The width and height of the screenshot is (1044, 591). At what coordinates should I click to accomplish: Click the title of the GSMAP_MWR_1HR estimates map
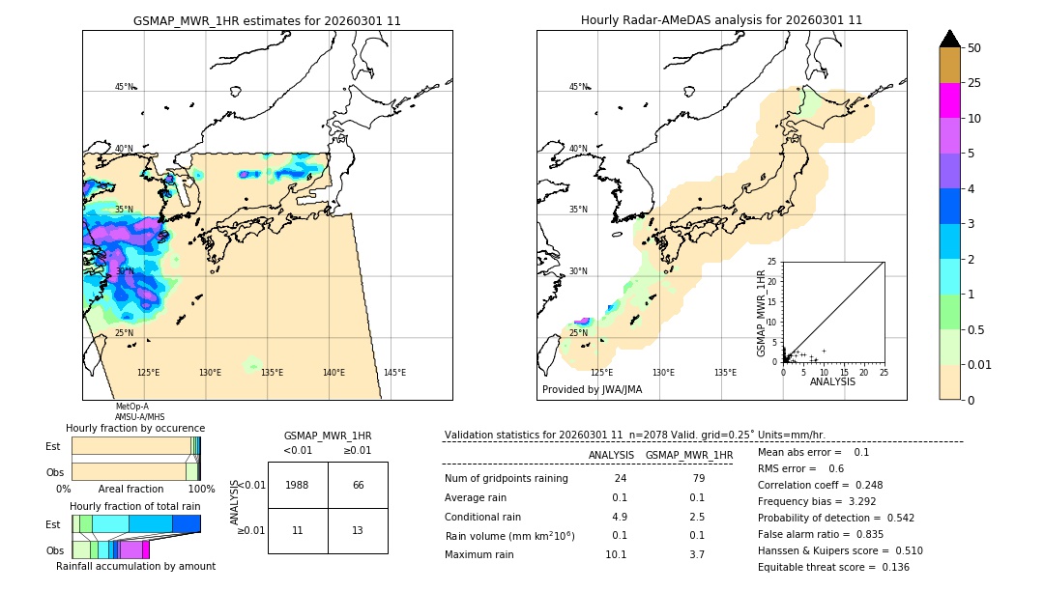click(x=267, y=20)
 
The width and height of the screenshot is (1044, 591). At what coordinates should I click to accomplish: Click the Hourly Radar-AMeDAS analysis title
click(x=721, y=20)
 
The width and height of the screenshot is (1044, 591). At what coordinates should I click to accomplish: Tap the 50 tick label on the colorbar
click(x=974, y=48)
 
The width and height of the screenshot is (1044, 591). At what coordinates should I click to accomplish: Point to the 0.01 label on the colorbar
click(x=980, y=364)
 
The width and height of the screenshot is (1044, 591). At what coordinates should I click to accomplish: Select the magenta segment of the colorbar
click(x=949, y=100)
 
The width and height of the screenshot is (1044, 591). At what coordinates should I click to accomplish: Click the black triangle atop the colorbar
click(x=949, y=39)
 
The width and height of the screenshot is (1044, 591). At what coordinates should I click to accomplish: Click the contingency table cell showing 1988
click(x=298, y=485)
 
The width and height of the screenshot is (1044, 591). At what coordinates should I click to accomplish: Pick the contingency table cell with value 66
click(x=358, y=485)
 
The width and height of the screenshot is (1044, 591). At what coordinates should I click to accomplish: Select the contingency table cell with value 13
click(x=358, y=530)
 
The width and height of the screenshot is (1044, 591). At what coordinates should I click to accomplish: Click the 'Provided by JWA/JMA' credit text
click(x=592, y=390)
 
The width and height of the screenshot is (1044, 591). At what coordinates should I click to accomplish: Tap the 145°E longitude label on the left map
click(x=394, y=373)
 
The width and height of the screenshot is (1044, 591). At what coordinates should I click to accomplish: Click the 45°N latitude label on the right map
click(x=578, y=87)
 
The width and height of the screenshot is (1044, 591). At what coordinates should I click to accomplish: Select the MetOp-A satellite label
click(x=131, y=407)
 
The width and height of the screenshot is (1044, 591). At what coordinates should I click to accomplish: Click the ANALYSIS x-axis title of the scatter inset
click(x=832, y=381)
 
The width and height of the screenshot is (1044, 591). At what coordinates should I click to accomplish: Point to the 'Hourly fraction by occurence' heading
click(x=135, y=428)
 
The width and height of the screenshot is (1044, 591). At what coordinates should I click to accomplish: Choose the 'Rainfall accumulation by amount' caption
click(x=135, y=567)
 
